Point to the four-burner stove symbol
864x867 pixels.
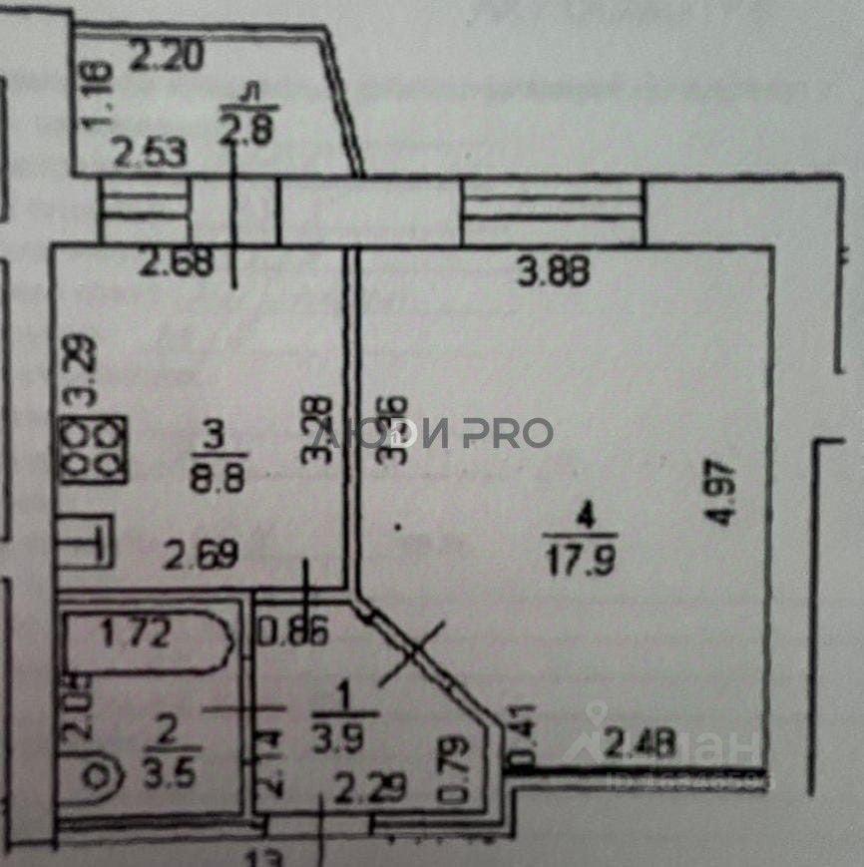[96, 448]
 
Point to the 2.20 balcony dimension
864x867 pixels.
[169, 57]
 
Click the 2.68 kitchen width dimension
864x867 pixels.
[176, 265]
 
